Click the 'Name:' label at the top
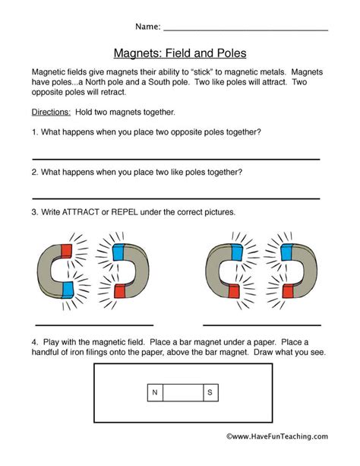click(147, 27)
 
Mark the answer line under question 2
click(175, 197)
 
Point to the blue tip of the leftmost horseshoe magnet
click(67, 288)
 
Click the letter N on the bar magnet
click(154, 392)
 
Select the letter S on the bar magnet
click(210, 392)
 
